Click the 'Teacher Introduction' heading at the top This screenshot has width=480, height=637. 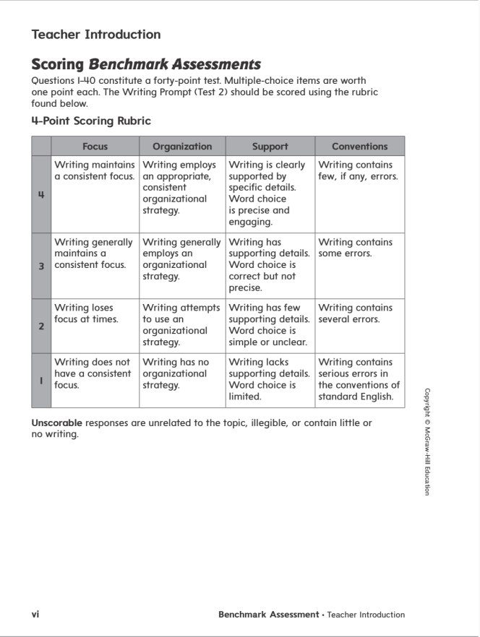click(x=96, y=34)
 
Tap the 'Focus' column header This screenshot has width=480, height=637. click(x=95, y=146)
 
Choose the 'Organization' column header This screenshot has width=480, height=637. click(x=182, y=146)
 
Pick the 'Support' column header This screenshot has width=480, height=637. click(x=270, y=146)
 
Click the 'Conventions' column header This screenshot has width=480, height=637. click(x=359, y=146)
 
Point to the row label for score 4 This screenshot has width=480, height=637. click(x=41, y=194)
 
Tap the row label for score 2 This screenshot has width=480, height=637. click(x=41, y=325)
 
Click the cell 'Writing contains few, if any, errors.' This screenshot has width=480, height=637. click(x=359, y=170)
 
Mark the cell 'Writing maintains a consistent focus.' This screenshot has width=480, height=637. click(x=95, y=170)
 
